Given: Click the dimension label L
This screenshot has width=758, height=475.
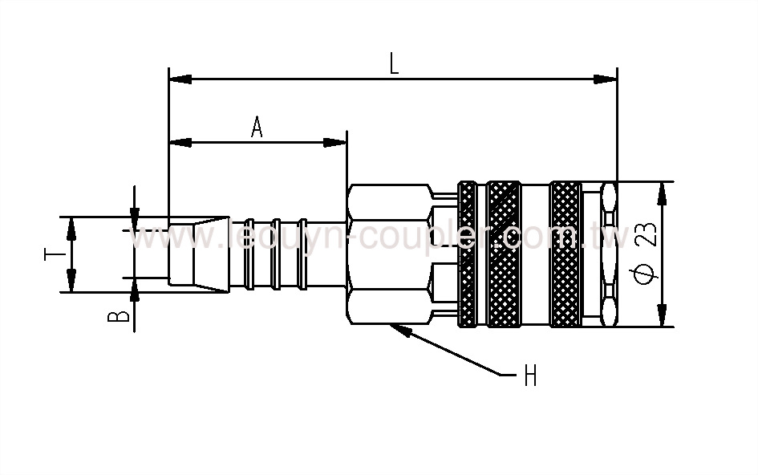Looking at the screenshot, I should coord(394,64).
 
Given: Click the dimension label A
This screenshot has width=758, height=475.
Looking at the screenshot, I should coord(257,128).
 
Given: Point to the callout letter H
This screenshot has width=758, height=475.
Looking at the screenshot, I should coord(530,376).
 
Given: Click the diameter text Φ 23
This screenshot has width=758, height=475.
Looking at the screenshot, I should coord(648,254).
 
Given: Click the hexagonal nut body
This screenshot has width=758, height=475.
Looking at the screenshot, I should coord(388,254).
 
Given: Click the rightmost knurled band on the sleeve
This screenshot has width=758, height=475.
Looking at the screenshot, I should coord(566,254).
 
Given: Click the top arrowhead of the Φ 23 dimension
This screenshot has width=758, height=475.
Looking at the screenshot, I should coord(663,193).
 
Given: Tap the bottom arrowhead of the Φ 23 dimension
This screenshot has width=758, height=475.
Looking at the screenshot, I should coord(663,316).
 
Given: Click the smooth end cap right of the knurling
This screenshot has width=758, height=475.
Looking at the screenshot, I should coord(609,254).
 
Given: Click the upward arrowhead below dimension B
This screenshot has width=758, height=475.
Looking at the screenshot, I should coord(134,288).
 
